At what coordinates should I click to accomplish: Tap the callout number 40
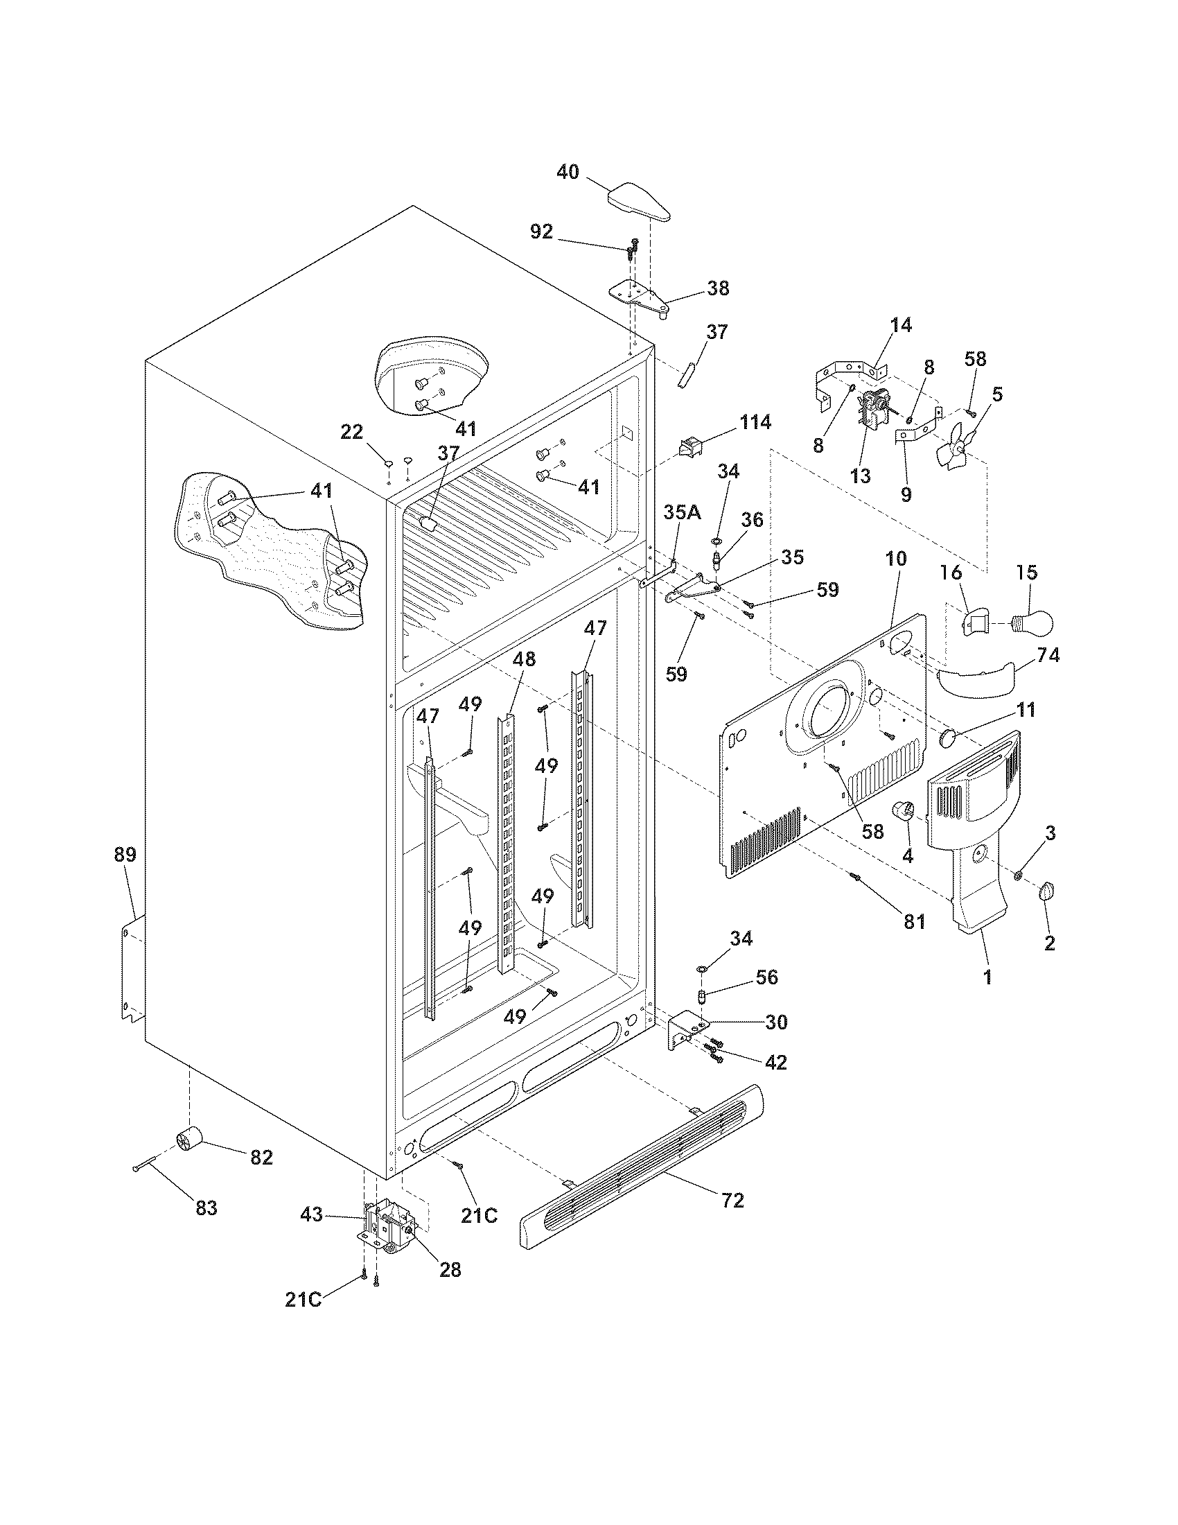pos(568,172)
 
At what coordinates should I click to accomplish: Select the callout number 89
pos(125,854)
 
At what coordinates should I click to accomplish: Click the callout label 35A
pos(682,512)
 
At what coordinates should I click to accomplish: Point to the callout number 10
pos(896,559)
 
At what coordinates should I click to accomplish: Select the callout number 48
pos(524,659)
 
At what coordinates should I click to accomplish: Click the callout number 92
pos(542,232)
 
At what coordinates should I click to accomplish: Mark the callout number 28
pos(450,1269)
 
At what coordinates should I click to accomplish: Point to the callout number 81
pos(914,921)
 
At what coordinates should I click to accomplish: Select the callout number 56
pos(766,977)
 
